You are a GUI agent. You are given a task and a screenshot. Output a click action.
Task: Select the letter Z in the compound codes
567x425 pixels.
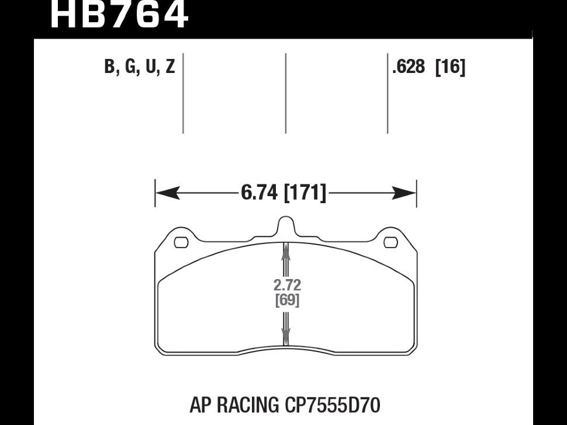pos(170,68)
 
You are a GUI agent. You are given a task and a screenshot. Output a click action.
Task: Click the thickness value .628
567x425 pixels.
pos(409,68)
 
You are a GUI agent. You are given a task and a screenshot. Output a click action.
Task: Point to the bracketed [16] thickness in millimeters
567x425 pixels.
pos(450,68)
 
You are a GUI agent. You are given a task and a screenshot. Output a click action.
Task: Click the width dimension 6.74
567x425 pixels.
pos(259,193)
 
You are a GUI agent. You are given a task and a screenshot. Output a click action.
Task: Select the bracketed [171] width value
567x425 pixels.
pos(305,193)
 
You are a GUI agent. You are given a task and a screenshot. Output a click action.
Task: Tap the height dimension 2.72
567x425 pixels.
pos(286,286)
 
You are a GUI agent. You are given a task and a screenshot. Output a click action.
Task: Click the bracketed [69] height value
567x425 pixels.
pos(286,301)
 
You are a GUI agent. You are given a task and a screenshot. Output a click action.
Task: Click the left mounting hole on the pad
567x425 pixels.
pos(181,241)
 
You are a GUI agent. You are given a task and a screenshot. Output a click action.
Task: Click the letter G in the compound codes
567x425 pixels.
pos(130,68)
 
